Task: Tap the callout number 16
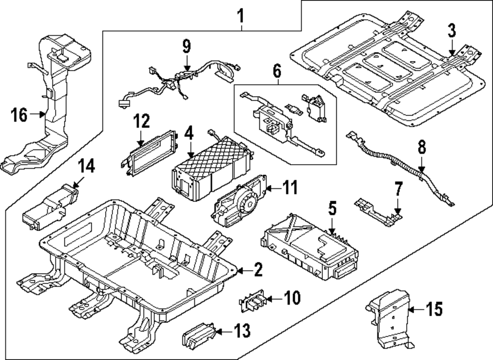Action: point(18,115)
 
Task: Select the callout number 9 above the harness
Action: point(186,47)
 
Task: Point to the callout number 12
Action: point(141,121)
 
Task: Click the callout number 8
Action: point(422,148)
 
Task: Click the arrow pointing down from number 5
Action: point(333,227)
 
